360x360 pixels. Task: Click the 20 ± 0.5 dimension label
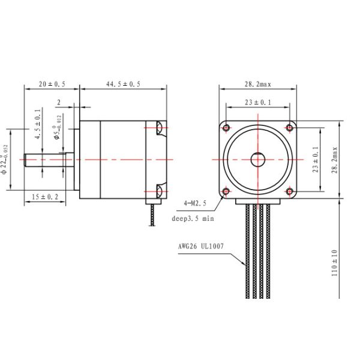click(52, 84)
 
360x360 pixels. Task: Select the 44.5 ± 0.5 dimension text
click(123, 84)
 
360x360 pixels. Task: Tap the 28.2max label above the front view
click(258, 84)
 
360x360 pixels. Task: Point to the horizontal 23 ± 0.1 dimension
click(258, 103)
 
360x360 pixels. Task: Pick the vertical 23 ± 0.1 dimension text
click(316, 160)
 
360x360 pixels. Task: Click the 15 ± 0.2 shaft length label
click(46, 197)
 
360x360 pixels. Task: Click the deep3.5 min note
click(193, 219)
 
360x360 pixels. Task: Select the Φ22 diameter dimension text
click(5, 160)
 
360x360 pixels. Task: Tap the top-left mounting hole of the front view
click(226, 127)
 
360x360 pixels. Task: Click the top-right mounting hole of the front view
click(290, 127)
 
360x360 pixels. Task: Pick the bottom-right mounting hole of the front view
click(290, 191)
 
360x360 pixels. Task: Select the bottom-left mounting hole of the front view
click(226, 191)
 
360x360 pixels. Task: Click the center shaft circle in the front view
click(258, 160)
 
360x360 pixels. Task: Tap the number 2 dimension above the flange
click(59, 103)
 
